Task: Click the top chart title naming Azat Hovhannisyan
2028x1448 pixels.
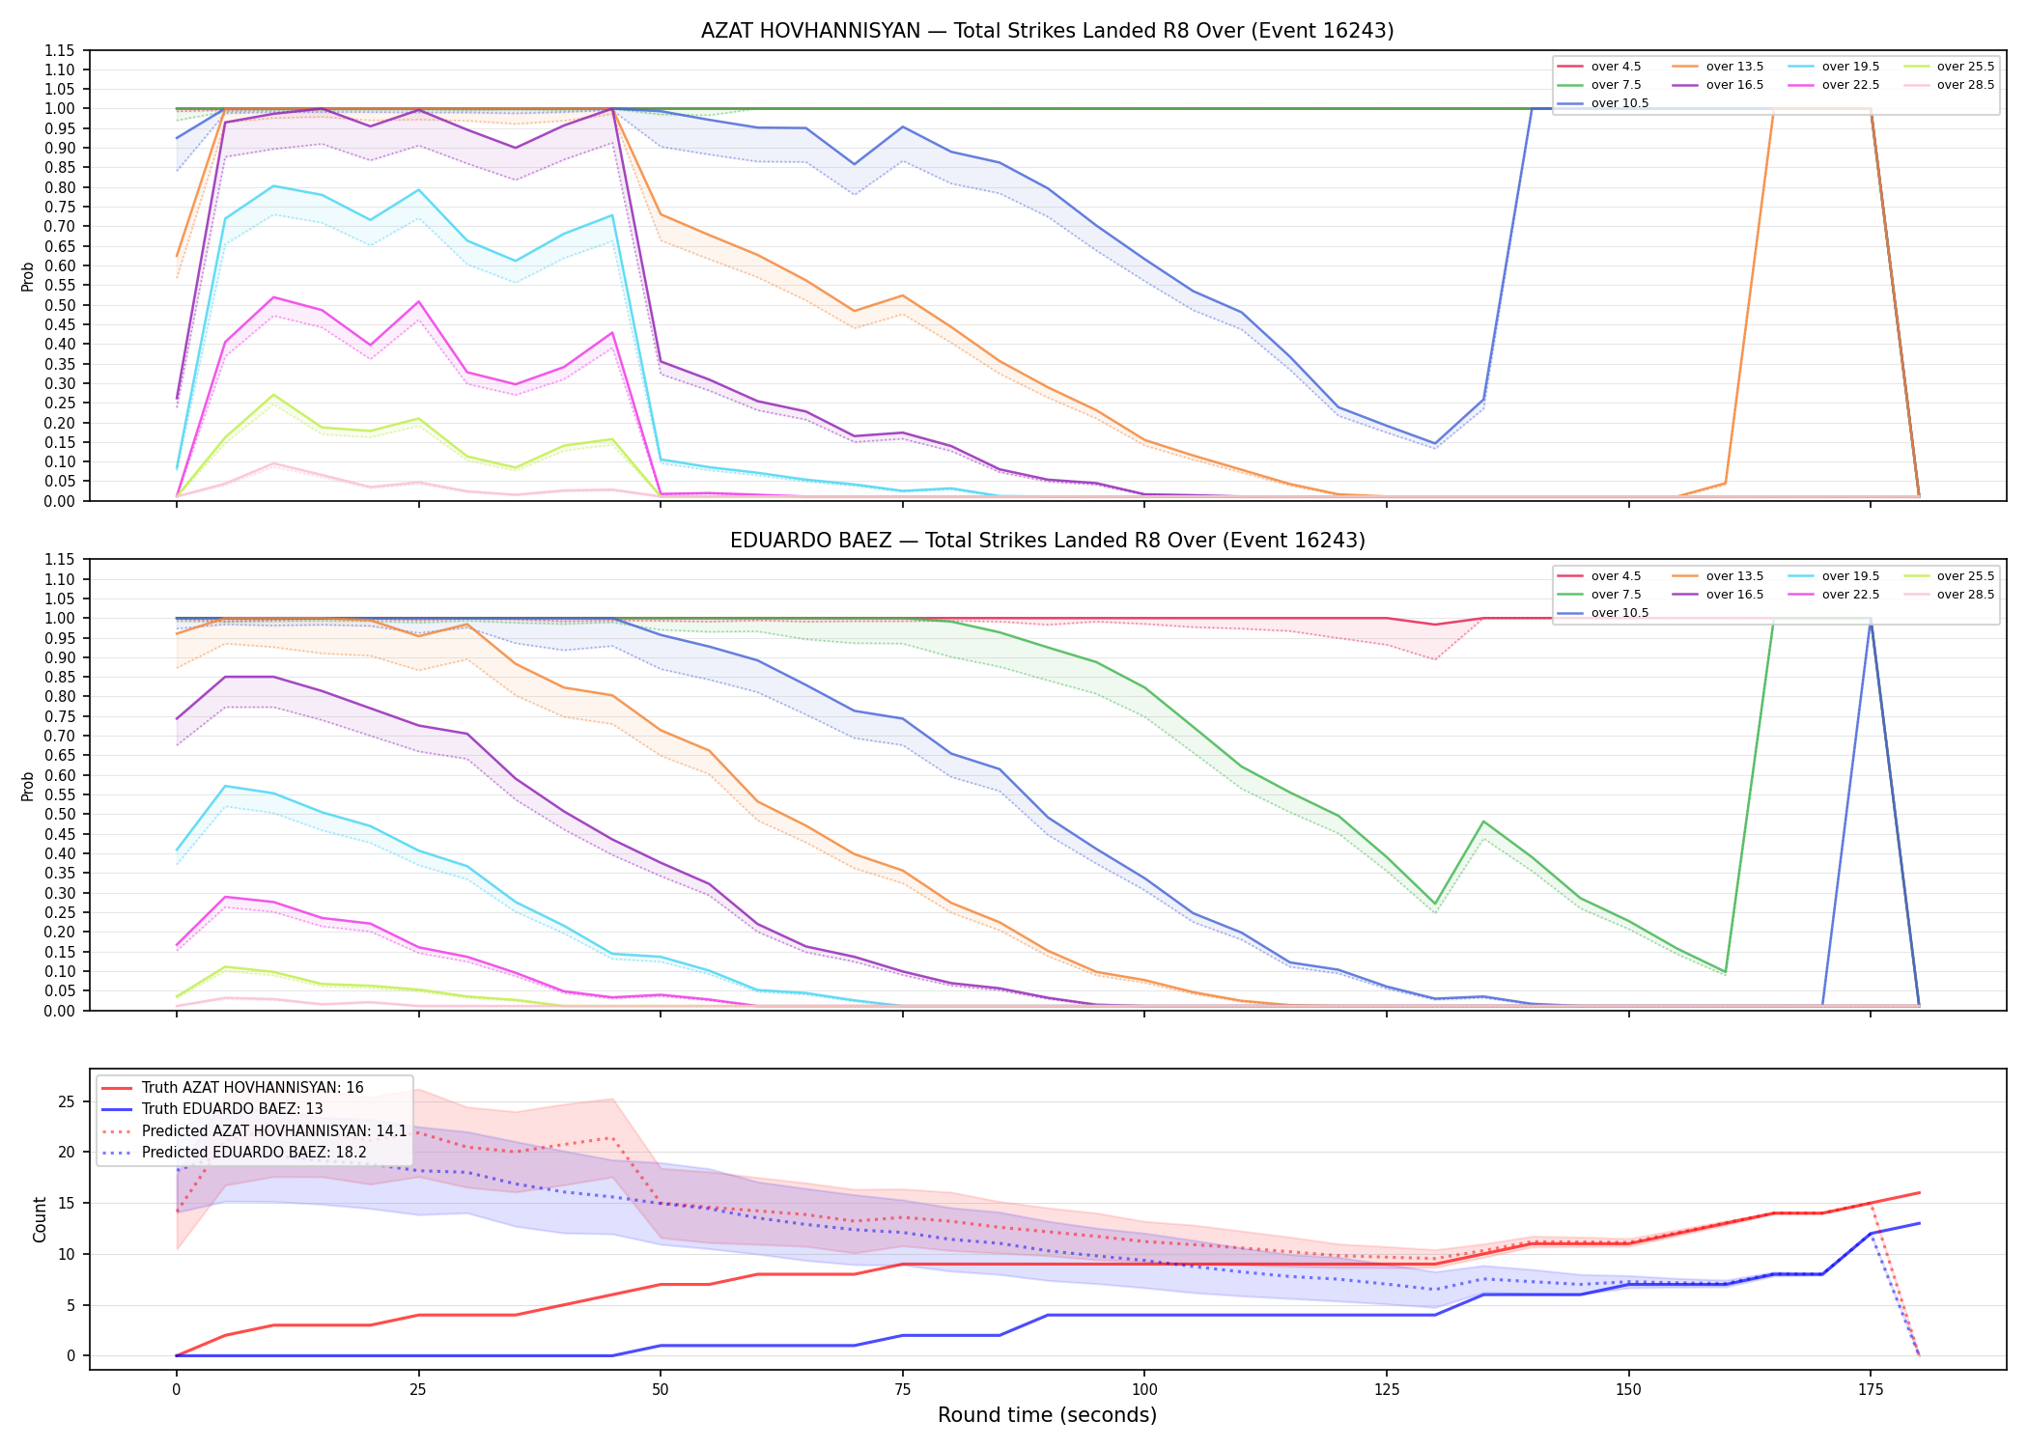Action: (x=1047, y=31)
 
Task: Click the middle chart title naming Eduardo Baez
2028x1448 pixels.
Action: (x=1047, y=541)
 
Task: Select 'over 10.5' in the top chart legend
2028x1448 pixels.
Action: (x=1620, y=103)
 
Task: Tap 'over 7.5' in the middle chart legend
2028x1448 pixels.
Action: (x=1616, y=595)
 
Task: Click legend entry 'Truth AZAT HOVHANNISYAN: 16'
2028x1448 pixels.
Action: (x=252, y=1088)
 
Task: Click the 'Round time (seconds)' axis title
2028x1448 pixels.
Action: (x=1047, y=1415)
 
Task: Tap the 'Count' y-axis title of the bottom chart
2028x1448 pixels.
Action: (x=40, y=1219)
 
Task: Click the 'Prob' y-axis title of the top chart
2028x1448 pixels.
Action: (x=28, y=276)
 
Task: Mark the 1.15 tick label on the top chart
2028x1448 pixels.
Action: (x=60, y=50)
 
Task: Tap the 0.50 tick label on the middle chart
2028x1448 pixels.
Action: (x=60, y=815)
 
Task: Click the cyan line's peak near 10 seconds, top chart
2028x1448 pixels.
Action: (x=273, y=185)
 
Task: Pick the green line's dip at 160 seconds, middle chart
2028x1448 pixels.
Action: (x=1725, y=972)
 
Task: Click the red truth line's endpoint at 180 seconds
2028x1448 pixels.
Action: (x=1919, y=1193)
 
